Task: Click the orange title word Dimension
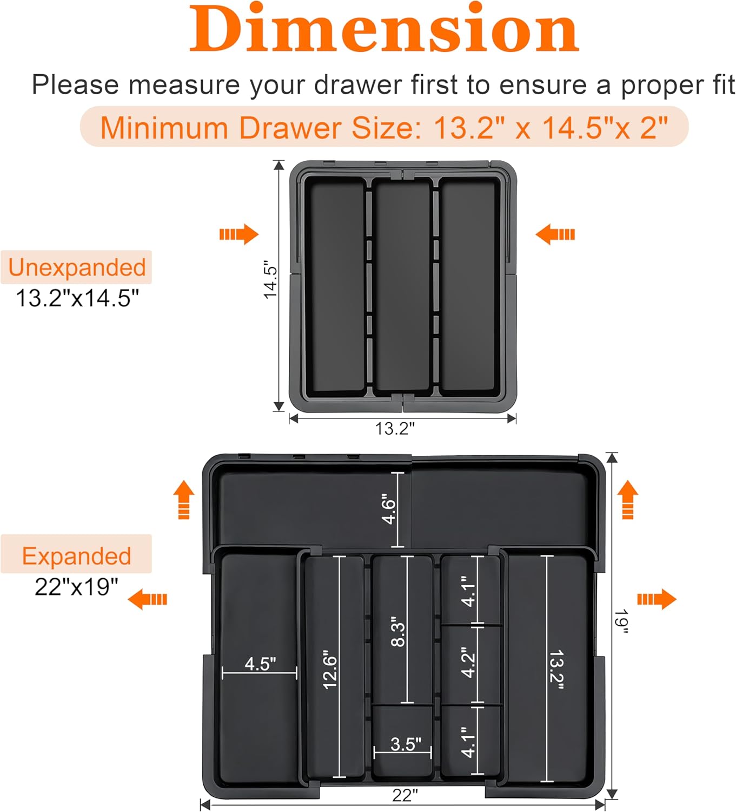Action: pyautogui.click(x=384, y=30)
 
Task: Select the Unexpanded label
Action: pyautogui.click(x=77, y=267)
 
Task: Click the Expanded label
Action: pyautogui.click(x=76, y=556)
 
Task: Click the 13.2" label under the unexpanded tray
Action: pyautogui.click(x=395, y=429)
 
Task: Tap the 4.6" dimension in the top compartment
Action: pyautogui.click(x=389, y=509)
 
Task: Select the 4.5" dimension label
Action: pyautogui.click(x=260, y=664)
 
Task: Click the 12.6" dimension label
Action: pyautogui.click(x=329, y=670)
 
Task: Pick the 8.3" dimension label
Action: pyautogui.click(x=397, y=631)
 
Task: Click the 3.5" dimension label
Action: pyautogui.click(x=406, y=744)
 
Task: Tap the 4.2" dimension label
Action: pyautogui.click(x=468, y=662)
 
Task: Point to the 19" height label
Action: pyautogui.click(x=621, y=621)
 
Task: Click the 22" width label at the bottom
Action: pyautogui.click(x=405, y=795)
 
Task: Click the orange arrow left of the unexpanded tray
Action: pyautogui.click(x=238, y=234)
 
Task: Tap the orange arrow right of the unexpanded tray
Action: pyautogui.click(x=555, y=234)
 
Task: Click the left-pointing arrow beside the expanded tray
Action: pyautogui.click(x=147, y=599)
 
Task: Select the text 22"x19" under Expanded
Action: pyautogui.click(x=76, y=587)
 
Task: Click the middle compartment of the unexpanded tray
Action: pyautogui.click(x=402, y=284)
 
